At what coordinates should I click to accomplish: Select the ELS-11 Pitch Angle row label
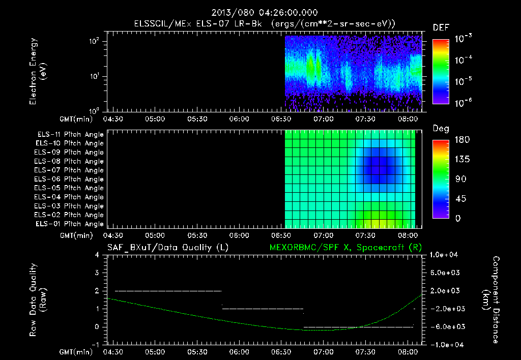pos(70,134)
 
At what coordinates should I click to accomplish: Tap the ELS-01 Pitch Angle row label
pos(70,224)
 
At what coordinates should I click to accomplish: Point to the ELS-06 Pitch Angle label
pos(70,179)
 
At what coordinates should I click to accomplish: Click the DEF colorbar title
pos(440,27)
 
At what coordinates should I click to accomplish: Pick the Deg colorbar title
pos(440,129)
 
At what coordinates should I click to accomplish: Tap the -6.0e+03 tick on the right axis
pos(445,326)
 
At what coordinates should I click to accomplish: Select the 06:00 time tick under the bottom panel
pos(239,351)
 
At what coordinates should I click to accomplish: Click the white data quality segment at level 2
pos(168,291)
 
